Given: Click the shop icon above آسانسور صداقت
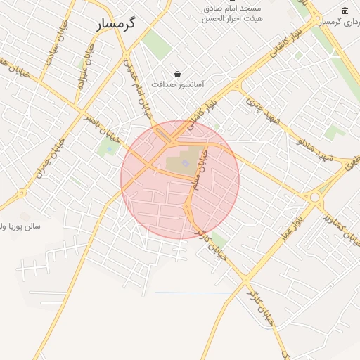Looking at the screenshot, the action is pyautogui.click(x=176, y=74).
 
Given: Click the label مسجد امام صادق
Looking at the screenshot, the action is pyautogui.click(x=233, y=8).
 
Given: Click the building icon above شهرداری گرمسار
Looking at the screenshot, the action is pyautogui.click(x=345, y=11).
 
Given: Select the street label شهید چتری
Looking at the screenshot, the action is pyautogui.click(x=262, y=112).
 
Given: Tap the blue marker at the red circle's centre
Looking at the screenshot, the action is pyautogui.click(x=186, y=164).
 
